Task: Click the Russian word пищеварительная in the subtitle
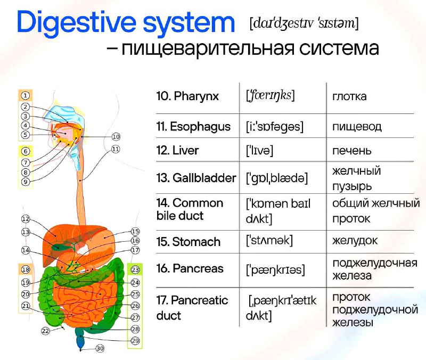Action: [207, 49]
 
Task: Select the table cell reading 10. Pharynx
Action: [187, 96]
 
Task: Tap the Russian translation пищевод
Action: [357, 127]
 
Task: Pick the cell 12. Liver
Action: [177, 151]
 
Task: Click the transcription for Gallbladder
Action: [277, 178]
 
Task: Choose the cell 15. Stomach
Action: [189, 242]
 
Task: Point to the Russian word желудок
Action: [355, 241]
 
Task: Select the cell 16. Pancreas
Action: [190, 269]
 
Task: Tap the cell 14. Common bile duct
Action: [190, 209]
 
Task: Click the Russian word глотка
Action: [349, 96]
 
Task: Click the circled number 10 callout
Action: [116, 137]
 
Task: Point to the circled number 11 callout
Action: [116, 149]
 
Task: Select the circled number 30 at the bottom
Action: [100, 348]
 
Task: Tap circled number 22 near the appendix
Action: [45, 331]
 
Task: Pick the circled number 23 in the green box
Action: [135, 270]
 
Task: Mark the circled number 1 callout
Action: [25, 96]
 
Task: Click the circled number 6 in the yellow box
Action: [26, 151]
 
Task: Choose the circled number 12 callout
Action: [26, 219]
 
